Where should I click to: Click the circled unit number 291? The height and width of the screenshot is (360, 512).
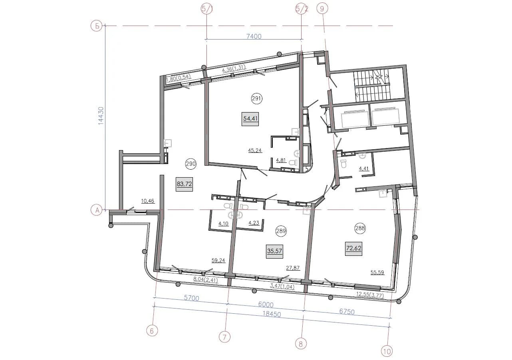click(x=257, y=99)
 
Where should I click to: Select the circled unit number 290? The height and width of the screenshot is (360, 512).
click(x=191, y=164)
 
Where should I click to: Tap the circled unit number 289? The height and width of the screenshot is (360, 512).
click(x=281, y=231)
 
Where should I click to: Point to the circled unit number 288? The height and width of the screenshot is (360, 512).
click(x=360, y=228)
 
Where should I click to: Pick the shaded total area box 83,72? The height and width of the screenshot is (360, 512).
click(x=184, y=184)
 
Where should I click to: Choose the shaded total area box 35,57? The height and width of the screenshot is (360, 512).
click(x=274, y=251)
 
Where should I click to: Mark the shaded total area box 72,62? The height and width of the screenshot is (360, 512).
click(x=353, y=248)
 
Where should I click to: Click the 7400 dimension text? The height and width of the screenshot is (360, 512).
click(x=254, y=36)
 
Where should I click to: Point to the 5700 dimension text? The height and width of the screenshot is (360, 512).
click(x=191, y=298)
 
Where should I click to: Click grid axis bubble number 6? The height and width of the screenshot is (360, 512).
click(x=152, y=331)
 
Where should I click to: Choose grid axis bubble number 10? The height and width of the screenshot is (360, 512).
click(x=387, y=351)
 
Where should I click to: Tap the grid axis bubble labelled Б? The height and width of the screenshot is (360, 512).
click(x=97, y=26)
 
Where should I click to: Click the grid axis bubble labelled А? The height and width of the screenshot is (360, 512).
click(x=97, y=210)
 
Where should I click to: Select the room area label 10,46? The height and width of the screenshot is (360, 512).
click(x=148, y=201)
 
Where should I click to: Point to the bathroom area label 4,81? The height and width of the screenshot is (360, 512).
click(x=281, y=160)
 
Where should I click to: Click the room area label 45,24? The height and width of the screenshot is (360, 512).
click(x=255, y=150)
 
